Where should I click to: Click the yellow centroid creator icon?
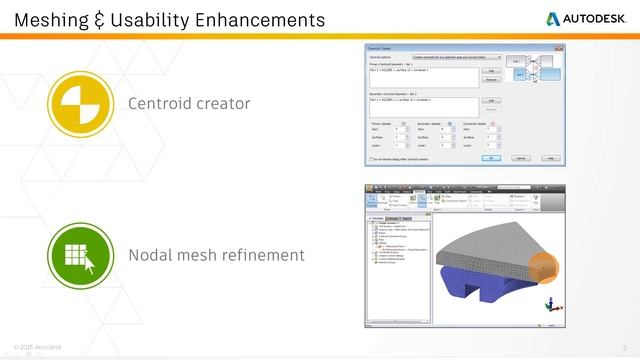(78, 103)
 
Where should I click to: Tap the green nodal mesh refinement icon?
(78, 255)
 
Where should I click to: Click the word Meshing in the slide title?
(50, 19)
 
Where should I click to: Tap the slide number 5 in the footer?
(623, 347)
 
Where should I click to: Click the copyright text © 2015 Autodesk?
(38, 347)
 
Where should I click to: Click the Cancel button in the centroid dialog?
(521, 158)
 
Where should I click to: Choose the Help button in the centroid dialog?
(549, 158)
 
